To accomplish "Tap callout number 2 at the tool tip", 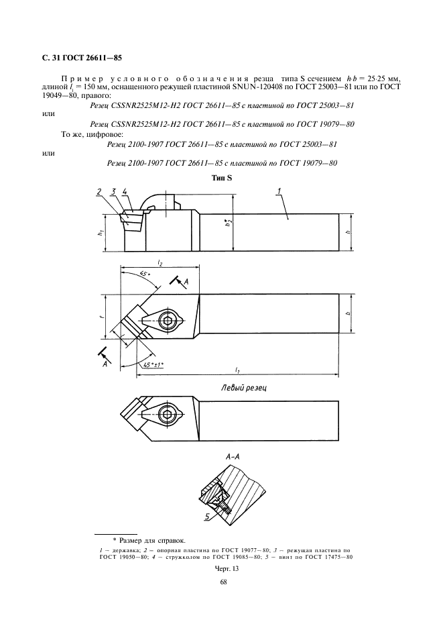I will click(x=99, y=193).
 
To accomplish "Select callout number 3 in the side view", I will click(x=113, y=193).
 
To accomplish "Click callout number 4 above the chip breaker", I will click(x=125, y=193).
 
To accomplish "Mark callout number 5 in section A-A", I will click(x=208, y=518).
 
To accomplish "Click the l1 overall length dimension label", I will click(x=239, y=370).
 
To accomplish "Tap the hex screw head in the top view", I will click(x=167, y=321).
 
